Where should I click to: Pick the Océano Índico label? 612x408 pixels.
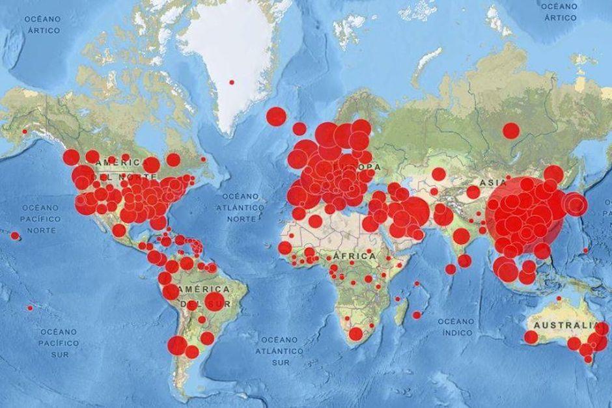pyautogui.click(x=456, y=327)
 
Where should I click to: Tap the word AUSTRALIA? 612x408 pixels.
pyautogui.click(x=564, y=325)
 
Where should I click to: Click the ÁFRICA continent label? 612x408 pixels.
pyautogui.click(x=354, y=256)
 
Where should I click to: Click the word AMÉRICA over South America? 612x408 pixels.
pyautogui.click(x=205, y=288)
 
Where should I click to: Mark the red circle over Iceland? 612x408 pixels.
pyautogui.click(x=276, y=116)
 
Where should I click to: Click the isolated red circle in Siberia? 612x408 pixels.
pyautogui.click(x=511, y=130)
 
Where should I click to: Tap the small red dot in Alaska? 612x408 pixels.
pyautogui.click(x=25, y=131)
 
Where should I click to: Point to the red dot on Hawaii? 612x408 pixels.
pyautogui.click(x=15, y=236)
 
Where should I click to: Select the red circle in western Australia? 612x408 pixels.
pyautogui.click(x=531, y=337)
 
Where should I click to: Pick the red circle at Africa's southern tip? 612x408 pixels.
pyautogui.click(x=355, y=334)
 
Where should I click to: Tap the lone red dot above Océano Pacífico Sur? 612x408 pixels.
pyautogui.click(x=29, y=308)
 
